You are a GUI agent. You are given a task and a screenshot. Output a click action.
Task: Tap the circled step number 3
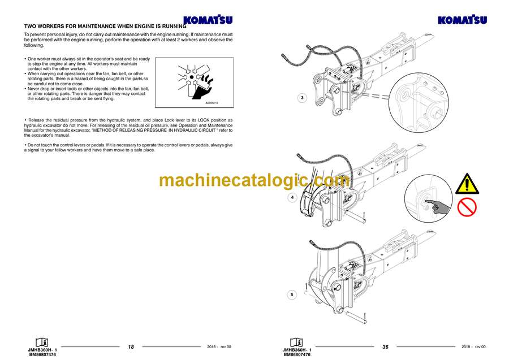[x=302, y=98]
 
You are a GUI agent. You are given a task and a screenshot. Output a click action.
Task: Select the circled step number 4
[x=292, y=197]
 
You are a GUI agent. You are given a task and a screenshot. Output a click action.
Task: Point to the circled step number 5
[x=292, y=294]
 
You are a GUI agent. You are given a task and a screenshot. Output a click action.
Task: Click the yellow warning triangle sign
[x=467, y=184]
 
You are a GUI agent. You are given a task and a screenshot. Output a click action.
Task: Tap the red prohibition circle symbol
[x=467, y=207]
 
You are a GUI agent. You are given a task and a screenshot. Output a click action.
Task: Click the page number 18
[x=131, y=346]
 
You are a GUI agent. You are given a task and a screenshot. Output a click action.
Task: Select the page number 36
[x=385, y=346]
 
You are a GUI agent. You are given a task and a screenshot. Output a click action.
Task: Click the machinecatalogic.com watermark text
[x=255, y=181]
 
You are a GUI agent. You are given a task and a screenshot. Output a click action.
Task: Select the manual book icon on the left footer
[x=42, y=342]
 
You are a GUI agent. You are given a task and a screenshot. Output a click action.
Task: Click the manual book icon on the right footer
[x=296, y=342]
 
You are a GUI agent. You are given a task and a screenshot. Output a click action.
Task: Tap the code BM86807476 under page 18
[x=42, y=355]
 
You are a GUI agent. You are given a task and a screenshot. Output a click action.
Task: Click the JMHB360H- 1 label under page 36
[x=297, y=350]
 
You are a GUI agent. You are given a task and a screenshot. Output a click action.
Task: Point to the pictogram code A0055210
[x=212, y=103]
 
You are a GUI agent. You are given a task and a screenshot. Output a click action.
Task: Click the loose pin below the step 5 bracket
[x=356, y=317]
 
